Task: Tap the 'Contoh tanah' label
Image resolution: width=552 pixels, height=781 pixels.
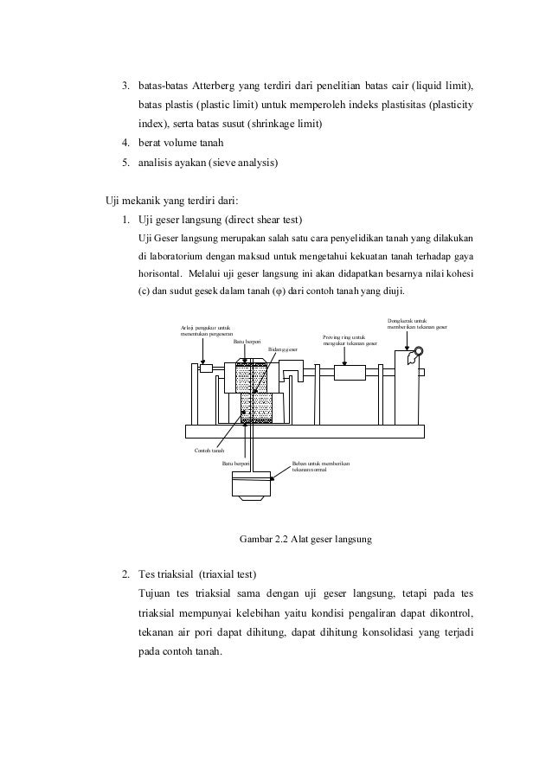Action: pos(209,451)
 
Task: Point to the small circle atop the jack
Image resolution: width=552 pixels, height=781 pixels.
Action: pos(420,351)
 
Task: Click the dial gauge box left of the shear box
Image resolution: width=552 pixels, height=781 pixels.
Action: pos(206,368)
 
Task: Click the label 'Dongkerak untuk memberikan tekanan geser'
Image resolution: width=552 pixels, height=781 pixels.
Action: pos(417,323)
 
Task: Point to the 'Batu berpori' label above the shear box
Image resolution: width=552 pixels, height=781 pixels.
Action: pos(247,342)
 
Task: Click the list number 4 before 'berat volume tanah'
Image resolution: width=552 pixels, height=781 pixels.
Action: pos(125,143)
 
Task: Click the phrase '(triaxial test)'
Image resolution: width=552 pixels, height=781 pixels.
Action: pos(226,574)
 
